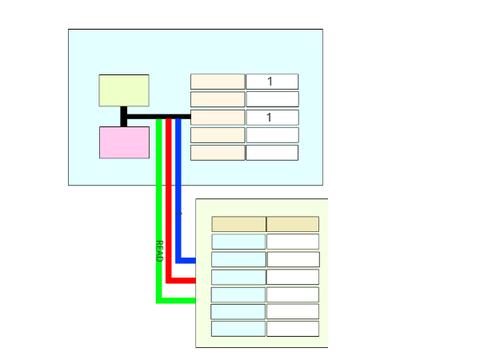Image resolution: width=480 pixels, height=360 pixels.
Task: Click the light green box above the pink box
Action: [x=124, y=90]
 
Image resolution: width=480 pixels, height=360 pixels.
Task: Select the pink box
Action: [x=124, y=142]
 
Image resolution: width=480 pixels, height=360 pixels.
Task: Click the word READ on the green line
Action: [x=159, y=251]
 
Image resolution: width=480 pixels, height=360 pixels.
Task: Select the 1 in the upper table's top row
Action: [x=270, y=81]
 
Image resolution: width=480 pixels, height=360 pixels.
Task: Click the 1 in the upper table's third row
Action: [x=269, y=117]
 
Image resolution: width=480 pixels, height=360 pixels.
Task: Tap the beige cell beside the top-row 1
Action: [x=217, y=82]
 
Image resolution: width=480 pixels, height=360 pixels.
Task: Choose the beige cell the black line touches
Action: [x=217, y=117]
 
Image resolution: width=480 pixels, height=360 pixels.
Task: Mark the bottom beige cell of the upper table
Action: [x=217, y=153]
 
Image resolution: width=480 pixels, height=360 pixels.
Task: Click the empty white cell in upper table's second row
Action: [x=272, y=99]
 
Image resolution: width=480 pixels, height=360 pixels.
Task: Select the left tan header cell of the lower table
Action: [x=239, y=224]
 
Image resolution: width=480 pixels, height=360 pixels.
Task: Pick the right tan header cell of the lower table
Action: [x=293, y=224]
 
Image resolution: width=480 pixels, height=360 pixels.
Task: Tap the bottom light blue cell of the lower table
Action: [x=238, y=329]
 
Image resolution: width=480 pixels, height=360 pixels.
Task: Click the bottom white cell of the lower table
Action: [x=293, y=329]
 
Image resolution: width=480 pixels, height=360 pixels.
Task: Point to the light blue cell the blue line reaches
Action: [x=239, y=260]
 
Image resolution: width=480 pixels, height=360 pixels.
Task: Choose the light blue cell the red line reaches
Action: [x=239, y=277]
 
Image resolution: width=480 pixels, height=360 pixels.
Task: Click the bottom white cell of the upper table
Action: [x=272, y=153]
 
